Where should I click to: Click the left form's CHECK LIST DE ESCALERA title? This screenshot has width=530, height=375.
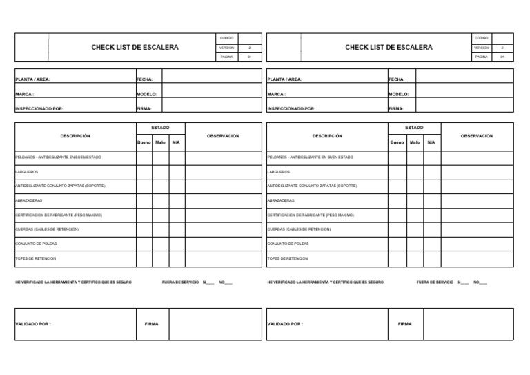click(x=135, y=48)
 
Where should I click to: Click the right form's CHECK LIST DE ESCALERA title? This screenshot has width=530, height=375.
click(x=389, y=48)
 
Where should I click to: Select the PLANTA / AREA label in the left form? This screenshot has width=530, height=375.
click(x=33, y=79)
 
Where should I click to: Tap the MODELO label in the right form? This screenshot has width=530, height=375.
click(x=398, y=94)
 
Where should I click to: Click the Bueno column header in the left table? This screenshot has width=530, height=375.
click(x=144, y=142)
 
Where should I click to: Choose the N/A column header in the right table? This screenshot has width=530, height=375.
click(x=431, y=142)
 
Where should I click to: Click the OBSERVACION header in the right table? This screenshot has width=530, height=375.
click(x=477, y=136)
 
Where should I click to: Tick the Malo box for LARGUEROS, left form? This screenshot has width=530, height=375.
click(x=160, y=171)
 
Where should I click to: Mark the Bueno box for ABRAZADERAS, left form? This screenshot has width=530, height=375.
click(x=144, y=200)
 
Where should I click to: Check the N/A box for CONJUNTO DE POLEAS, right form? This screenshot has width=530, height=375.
click(x=431, y=243)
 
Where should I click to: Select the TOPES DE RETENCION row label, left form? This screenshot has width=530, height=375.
click(x=36, y=258)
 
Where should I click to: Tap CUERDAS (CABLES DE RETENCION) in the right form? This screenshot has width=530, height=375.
click(x=299, y=229)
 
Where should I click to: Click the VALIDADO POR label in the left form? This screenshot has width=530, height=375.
click(x=33, y=323)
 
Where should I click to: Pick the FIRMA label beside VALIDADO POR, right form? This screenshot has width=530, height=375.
click(x=404, y=323)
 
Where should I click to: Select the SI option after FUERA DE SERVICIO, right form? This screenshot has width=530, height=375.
click(x=459, y=282)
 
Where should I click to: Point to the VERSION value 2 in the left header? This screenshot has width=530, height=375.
click(x=249, y=48)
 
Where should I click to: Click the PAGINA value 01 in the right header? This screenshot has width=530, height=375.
click(x=502, y=57)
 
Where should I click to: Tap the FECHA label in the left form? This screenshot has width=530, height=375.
click(x=145, y=79)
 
